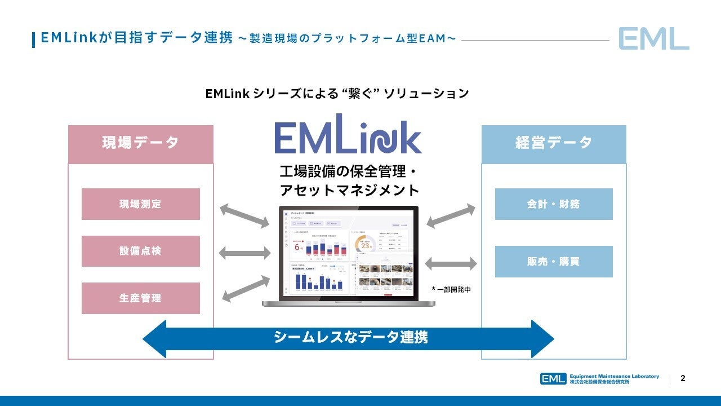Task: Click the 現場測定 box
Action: point(140,204)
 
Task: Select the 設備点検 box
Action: point(140,251)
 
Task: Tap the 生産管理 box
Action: point(140,298)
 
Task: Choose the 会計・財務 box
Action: point(554,204)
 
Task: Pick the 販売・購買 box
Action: point(554,262)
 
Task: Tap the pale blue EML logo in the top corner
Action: point(653,38)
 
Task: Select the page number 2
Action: point(683,378)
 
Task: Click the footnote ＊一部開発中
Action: point(451,289)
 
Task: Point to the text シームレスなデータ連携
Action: point(350,337)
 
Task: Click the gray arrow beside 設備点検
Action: point(244,253)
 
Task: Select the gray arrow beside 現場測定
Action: point(244,216)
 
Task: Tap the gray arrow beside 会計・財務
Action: point(451,216)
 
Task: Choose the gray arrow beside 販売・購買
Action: point(451,263)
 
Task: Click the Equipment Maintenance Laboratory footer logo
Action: point(599,378)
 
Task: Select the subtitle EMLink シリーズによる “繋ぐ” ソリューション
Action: point(337,94)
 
